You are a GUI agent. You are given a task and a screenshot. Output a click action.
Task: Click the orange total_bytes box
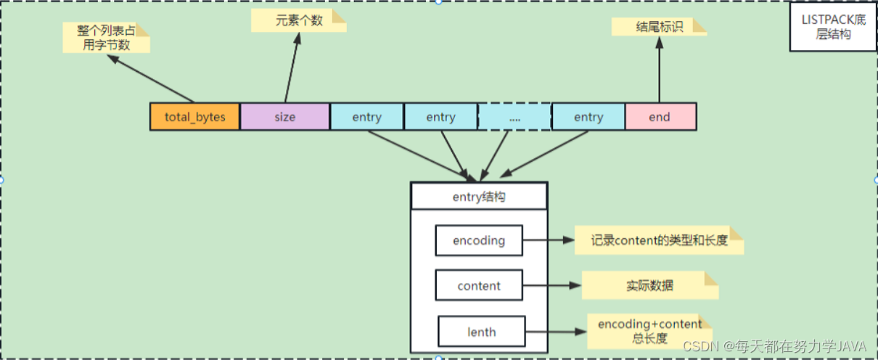[194, 117]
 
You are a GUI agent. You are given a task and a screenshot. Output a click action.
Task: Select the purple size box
[284, 117]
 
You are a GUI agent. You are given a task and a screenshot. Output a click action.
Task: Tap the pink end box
[660, 117]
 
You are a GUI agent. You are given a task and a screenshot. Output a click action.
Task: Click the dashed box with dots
[514, 117]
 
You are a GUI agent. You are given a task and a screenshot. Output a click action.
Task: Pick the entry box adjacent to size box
[367, 117]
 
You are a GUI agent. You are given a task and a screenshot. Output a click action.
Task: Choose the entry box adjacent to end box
[588, 117]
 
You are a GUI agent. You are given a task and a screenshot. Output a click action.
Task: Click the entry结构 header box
[479, 197]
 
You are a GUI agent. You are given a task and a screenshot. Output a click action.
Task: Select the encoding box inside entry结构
[479, 241]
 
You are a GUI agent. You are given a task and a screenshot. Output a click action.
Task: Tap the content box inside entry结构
[479, 286]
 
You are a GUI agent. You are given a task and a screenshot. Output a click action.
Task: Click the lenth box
[481, 332]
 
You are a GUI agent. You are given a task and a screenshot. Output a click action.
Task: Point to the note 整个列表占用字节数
[106, 38]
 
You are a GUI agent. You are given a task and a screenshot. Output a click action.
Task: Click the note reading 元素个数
[298, 20]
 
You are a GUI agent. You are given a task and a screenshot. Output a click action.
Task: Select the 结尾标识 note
[658, 27]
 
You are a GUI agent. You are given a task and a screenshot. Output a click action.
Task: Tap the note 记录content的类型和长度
[658, 240]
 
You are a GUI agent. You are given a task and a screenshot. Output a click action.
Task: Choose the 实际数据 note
[649, 285]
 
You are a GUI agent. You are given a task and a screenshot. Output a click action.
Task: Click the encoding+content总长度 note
[649, 331]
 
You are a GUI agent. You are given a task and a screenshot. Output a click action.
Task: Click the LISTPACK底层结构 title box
[833, 27]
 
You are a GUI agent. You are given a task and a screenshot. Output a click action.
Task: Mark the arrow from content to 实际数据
[552, 286]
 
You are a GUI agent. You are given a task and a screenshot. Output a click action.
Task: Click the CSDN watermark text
[776, 345]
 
